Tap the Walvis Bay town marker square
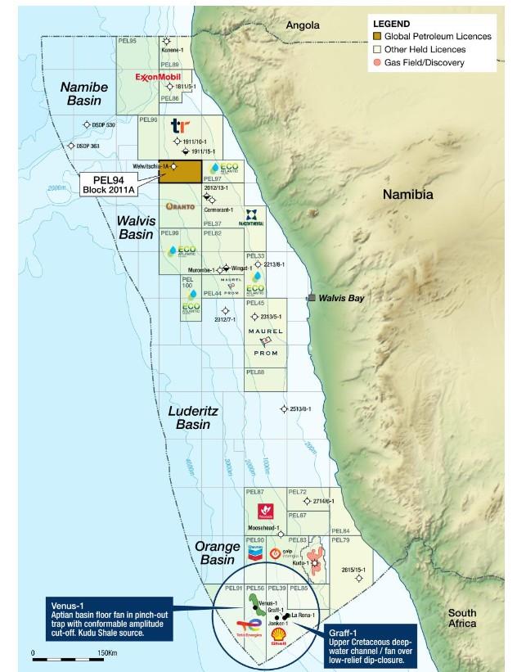(x=310, y=299)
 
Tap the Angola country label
(x=303, y=26)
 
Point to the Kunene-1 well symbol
(x=167, y=41)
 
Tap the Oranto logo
(x=179, y=206)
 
